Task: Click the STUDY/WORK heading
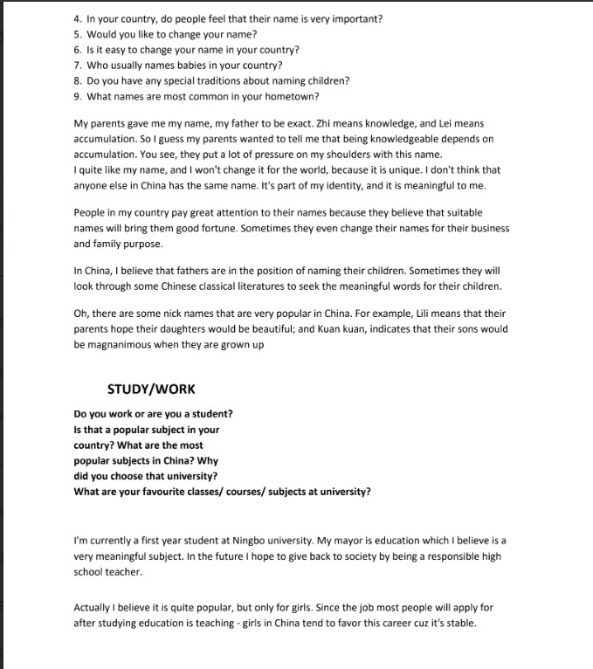tap(151, 389)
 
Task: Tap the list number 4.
tap(77, 18)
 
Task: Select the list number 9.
tap(77, 97)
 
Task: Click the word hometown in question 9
tap(293, 97)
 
